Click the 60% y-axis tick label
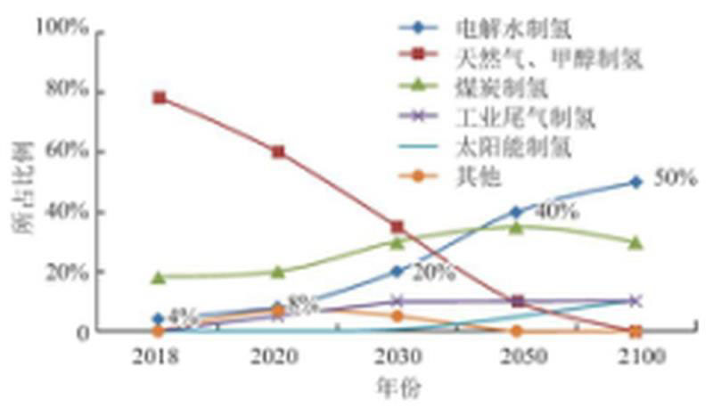point(66,151)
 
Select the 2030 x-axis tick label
point(397,357)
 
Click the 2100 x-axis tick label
point(635,357)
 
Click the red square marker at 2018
point(159,97)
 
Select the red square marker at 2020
point(278,151)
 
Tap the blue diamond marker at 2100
point(635,182)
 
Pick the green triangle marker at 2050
point(516,226)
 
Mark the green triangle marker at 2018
point(159,277)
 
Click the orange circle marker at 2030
point(397,315)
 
